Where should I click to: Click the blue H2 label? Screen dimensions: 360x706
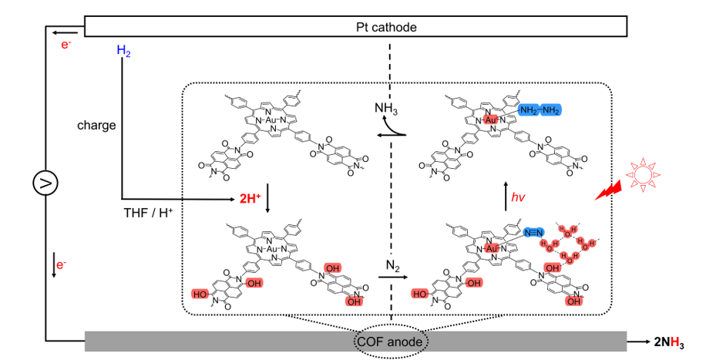(123, 51)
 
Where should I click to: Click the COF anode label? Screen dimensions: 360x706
(392, 339)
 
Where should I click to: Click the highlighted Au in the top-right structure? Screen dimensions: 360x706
(492, 121)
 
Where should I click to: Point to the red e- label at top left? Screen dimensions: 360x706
(67, 47)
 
